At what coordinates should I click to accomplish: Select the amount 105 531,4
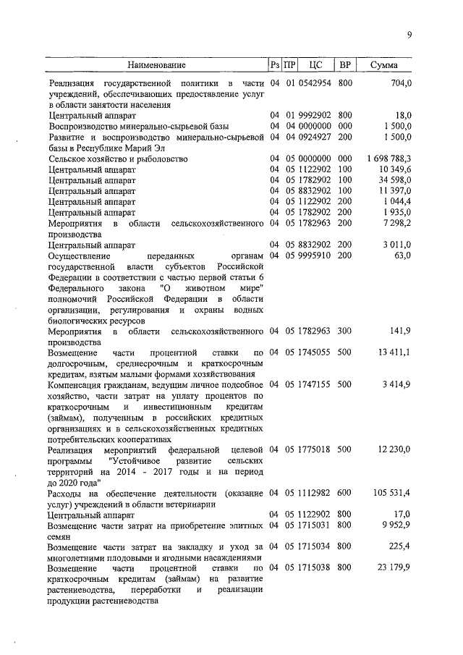click(x=391, y=492)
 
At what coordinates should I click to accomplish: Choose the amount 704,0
click(x=400, y=84)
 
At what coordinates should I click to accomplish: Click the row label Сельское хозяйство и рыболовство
click(x=118, y=158)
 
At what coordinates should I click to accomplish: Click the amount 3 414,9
click(x=396, y=383)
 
